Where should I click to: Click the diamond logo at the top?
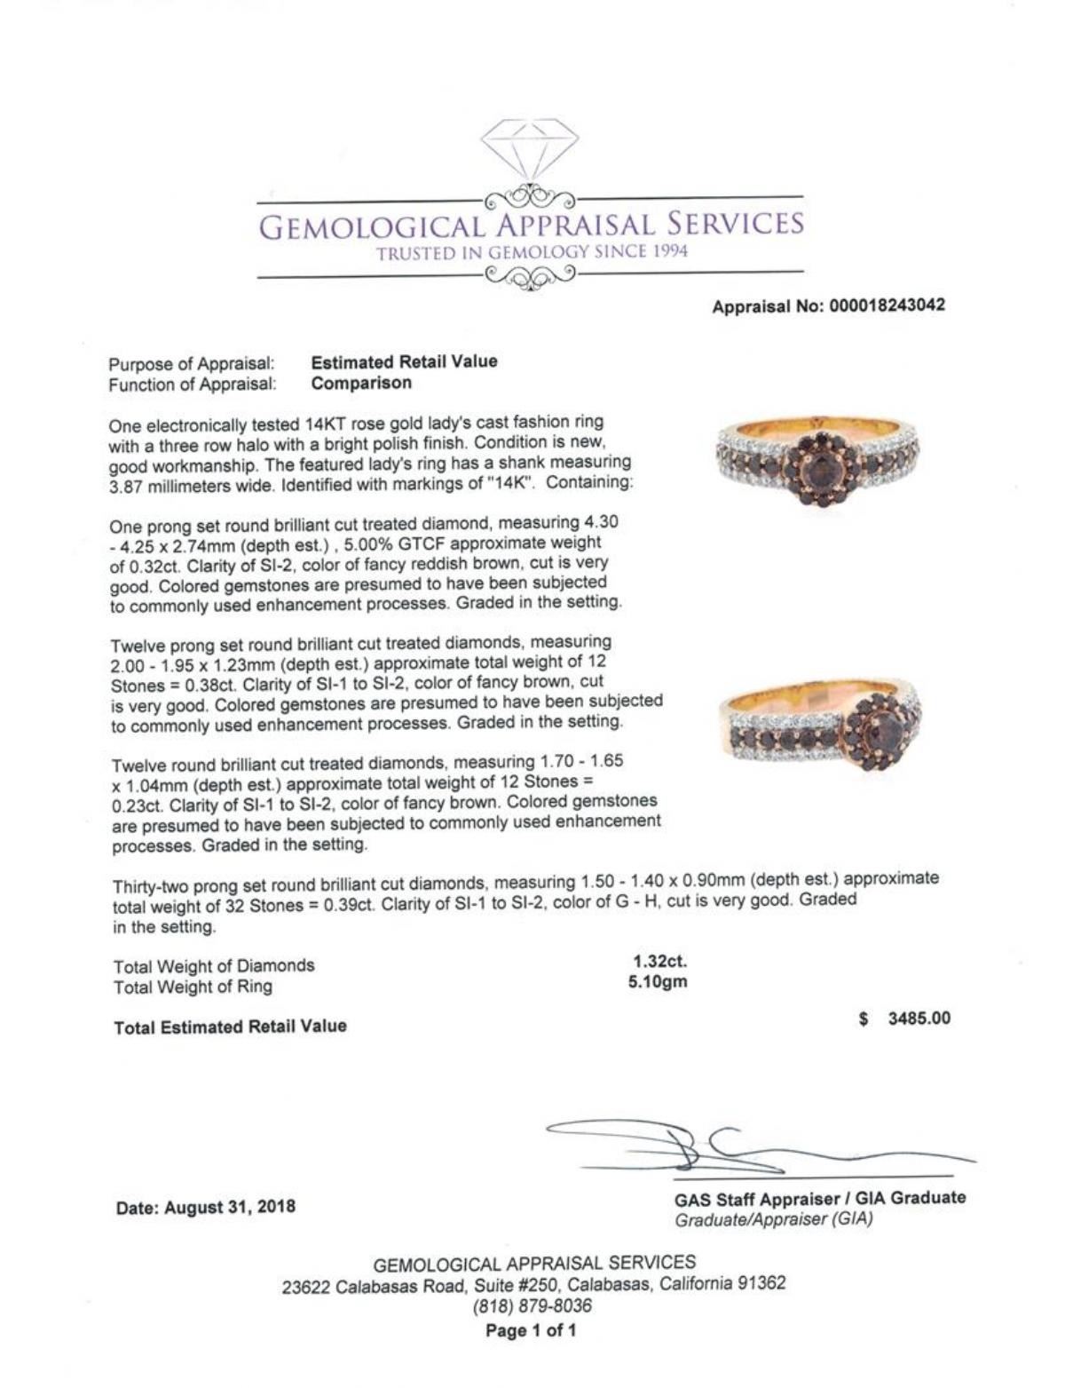click(x=530, y=150)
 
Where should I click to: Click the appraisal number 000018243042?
click(x=887, y=305)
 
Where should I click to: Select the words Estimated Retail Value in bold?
click(x=405, y=361)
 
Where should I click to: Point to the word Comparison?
click(x=362, y=384)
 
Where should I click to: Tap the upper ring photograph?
click(x=817, y=457)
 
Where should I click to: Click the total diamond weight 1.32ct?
click(x=659, y=961)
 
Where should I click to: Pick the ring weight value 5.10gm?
click(x=658, y=982)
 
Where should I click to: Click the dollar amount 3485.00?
click(x=919, y=1018)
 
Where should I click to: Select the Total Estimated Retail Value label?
click(x=230, y=1027)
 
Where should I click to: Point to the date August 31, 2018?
click(x=206, y=1208)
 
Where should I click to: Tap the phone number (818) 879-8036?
click(x=533, y=1306)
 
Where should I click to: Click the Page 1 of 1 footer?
click(x=531, y=1330)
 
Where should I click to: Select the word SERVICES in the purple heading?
click(x=736, y=225)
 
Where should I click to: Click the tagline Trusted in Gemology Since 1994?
click(x=532, y=252)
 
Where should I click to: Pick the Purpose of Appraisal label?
click(x=192, y=364)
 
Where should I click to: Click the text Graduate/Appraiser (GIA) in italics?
click(x=773, y=1219)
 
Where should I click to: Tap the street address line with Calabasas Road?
click(x=533, y=1284)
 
